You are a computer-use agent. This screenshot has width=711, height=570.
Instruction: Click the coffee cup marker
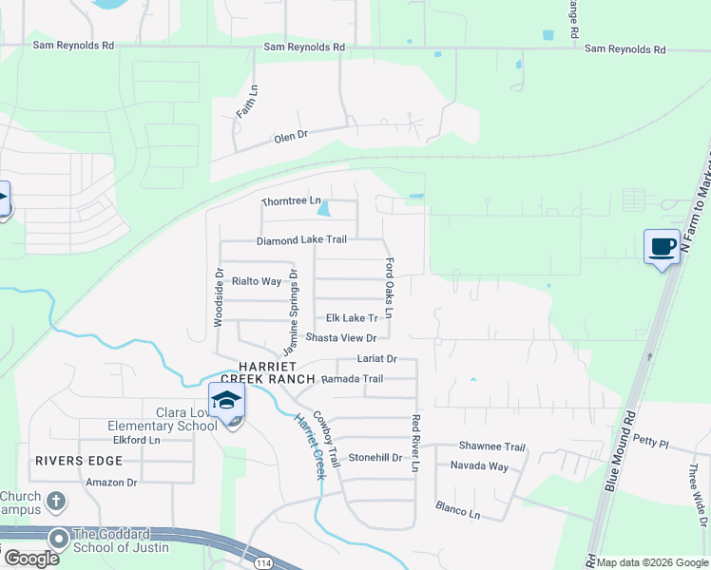pos(663,247)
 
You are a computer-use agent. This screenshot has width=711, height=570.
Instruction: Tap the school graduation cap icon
pos(227,402)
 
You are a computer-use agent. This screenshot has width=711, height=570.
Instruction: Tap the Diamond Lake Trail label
pos(301,240)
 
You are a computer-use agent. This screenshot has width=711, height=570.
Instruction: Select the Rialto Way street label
pos(258,281)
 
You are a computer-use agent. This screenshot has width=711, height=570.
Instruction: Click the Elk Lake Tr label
pos(352,318)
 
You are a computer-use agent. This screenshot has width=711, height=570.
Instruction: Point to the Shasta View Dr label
pos(341,338)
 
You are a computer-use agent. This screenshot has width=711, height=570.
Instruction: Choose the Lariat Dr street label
pos(376,359)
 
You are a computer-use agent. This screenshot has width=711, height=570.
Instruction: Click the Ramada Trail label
pos(352,379)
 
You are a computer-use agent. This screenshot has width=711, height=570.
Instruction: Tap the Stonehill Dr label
pos(376,457)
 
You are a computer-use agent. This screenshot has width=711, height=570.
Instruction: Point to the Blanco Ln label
pos(458,510)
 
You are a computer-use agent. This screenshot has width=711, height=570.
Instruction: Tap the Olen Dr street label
pos(292,137)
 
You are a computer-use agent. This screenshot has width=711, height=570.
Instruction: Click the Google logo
pos(31,559)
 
